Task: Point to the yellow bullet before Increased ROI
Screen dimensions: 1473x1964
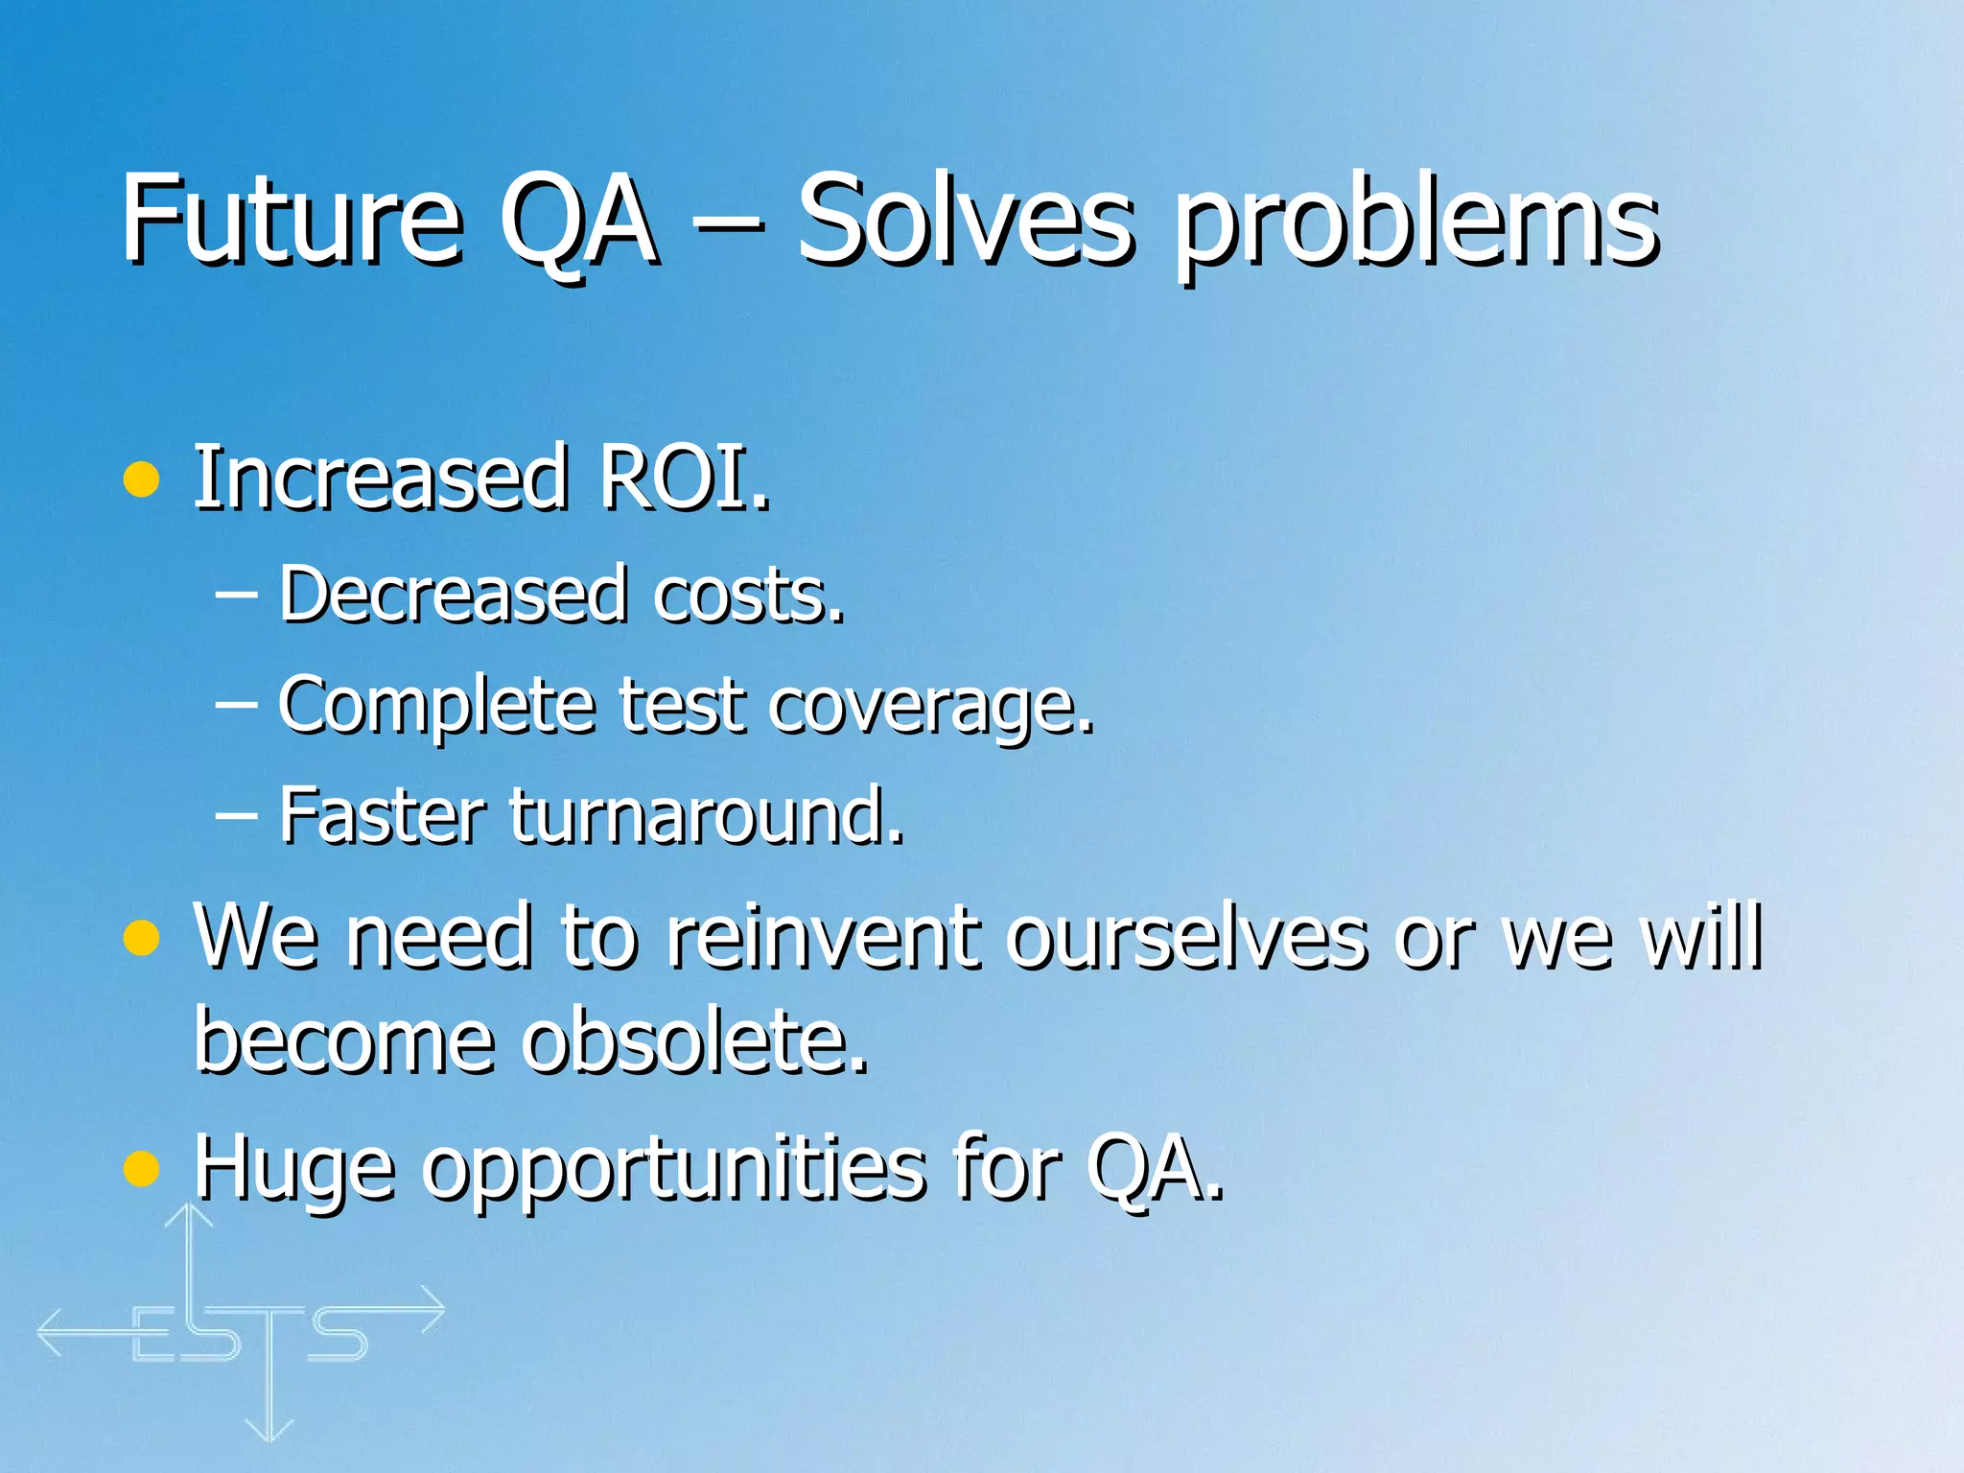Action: (141, 479)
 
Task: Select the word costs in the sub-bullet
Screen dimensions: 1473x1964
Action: (747, 595)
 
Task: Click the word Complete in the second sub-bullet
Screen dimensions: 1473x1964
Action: (436, 706)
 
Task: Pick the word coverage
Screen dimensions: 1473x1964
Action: (930, 708)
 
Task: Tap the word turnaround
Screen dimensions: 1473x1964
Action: (706, 815)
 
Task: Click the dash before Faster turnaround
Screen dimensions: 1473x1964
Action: (236, 816)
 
